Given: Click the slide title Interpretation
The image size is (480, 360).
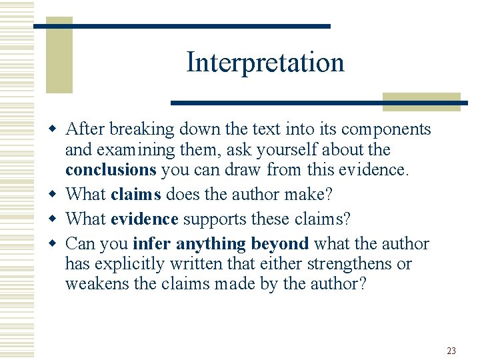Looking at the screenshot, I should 265,63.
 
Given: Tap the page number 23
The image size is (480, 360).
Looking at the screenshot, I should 451,350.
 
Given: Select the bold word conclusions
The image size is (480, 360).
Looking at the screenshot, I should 111,170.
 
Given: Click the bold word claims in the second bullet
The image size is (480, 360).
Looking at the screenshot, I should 136,194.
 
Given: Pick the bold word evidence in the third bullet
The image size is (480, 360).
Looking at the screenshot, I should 145,219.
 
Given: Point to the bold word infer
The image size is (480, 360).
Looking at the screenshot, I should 152,243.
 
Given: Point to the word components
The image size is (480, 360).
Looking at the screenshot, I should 385,129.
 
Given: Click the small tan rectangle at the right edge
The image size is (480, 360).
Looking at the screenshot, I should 421,101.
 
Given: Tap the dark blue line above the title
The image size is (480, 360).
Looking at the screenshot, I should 182,26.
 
